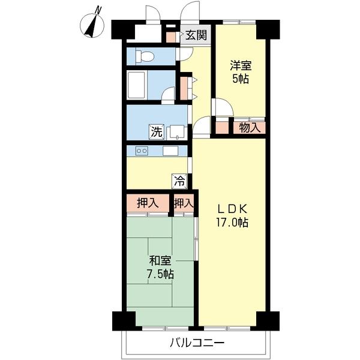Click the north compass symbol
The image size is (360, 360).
coord(92,25)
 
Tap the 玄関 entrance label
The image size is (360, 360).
coord(196,35)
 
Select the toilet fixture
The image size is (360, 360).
coord(145,56)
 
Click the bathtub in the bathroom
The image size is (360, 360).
coord(137,85)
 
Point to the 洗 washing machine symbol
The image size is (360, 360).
coord(157,132)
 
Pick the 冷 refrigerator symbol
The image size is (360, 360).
coord(179,181)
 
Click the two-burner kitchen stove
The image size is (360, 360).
coord(142,151)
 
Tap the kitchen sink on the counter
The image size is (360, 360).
coord(170,151)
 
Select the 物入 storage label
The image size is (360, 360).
coord(250,128)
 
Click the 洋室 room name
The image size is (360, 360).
coord(241,65)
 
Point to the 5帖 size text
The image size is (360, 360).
coord(241,79)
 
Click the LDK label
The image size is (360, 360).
coord(232,209)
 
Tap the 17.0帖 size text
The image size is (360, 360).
coord(232,222)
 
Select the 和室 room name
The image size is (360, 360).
coord(160,260)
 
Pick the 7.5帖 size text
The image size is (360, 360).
coord(160,274)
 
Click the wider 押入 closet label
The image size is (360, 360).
coord(148,203)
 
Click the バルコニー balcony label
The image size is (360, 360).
coord(197,343)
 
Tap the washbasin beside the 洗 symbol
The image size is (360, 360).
coord(175,132)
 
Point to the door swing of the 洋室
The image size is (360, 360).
coord(223,107)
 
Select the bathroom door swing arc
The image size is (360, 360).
coord(168,94)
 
